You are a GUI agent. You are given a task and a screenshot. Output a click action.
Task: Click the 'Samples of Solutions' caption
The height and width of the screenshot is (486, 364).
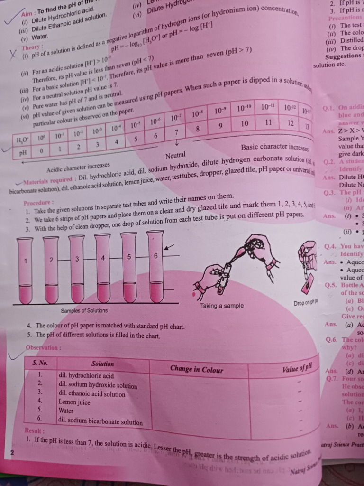tap(84, 310)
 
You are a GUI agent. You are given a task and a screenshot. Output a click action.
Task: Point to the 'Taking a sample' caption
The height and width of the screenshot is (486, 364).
tap(222, 306)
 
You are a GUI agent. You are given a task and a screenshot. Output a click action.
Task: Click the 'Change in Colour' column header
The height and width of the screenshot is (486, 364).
tap(196, 369)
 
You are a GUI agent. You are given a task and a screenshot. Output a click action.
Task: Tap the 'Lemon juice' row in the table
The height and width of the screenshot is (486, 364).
tap(74, 402)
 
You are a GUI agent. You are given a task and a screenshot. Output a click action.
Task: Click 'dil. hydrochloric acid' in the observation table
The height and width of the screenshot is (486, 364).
tap(86, 375)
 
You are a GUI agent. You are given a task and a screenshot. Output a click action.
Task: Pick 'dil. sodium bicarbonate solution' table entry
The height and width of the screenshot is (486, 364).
tap(100, 421)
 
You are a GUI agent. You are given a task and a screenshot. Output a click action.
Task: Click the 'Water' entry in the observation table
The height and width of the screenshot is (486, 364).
tap(66, 411)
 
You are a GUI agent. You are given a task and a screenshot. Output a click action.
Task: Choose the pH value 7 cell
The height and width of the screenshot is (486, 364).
tap(176, 132)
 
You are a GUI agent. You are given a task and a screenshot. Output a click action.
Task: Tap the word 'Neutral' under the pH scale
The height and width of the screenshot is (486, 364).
tap(175, 155)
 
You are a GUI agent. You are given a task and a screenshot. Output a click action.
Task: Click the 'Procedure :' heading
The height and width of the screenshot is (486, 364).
tap(39, 203)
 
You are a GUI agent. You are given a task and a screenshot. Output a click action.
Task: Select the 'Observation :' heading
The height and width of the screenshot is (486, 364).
tap(43, 347)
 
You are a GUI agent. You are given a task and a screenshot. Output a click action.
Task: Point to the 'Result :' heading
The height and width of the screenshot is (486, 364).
tap(35, 430)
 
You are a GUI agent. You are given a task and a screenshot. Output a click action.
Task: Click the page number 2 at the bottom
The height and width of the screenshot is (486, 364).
tap(12, 453)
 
